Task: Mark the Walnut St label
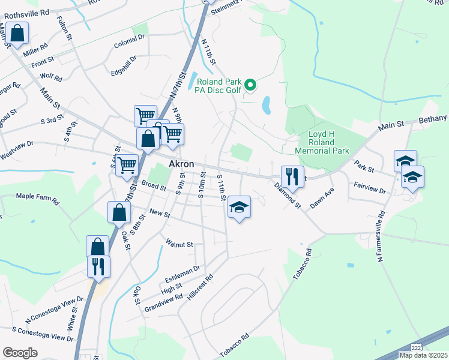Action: point(179,244)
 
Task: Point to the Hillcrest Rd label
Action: point(200,287)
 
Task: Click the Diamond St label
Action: point(287,196)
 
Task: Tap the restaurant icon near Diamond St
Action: point(292,176)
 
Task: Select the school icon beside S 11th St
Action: point(239,207)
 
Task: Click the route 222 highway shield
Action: point(416,348)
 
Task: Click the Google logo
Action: point(20,352)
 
